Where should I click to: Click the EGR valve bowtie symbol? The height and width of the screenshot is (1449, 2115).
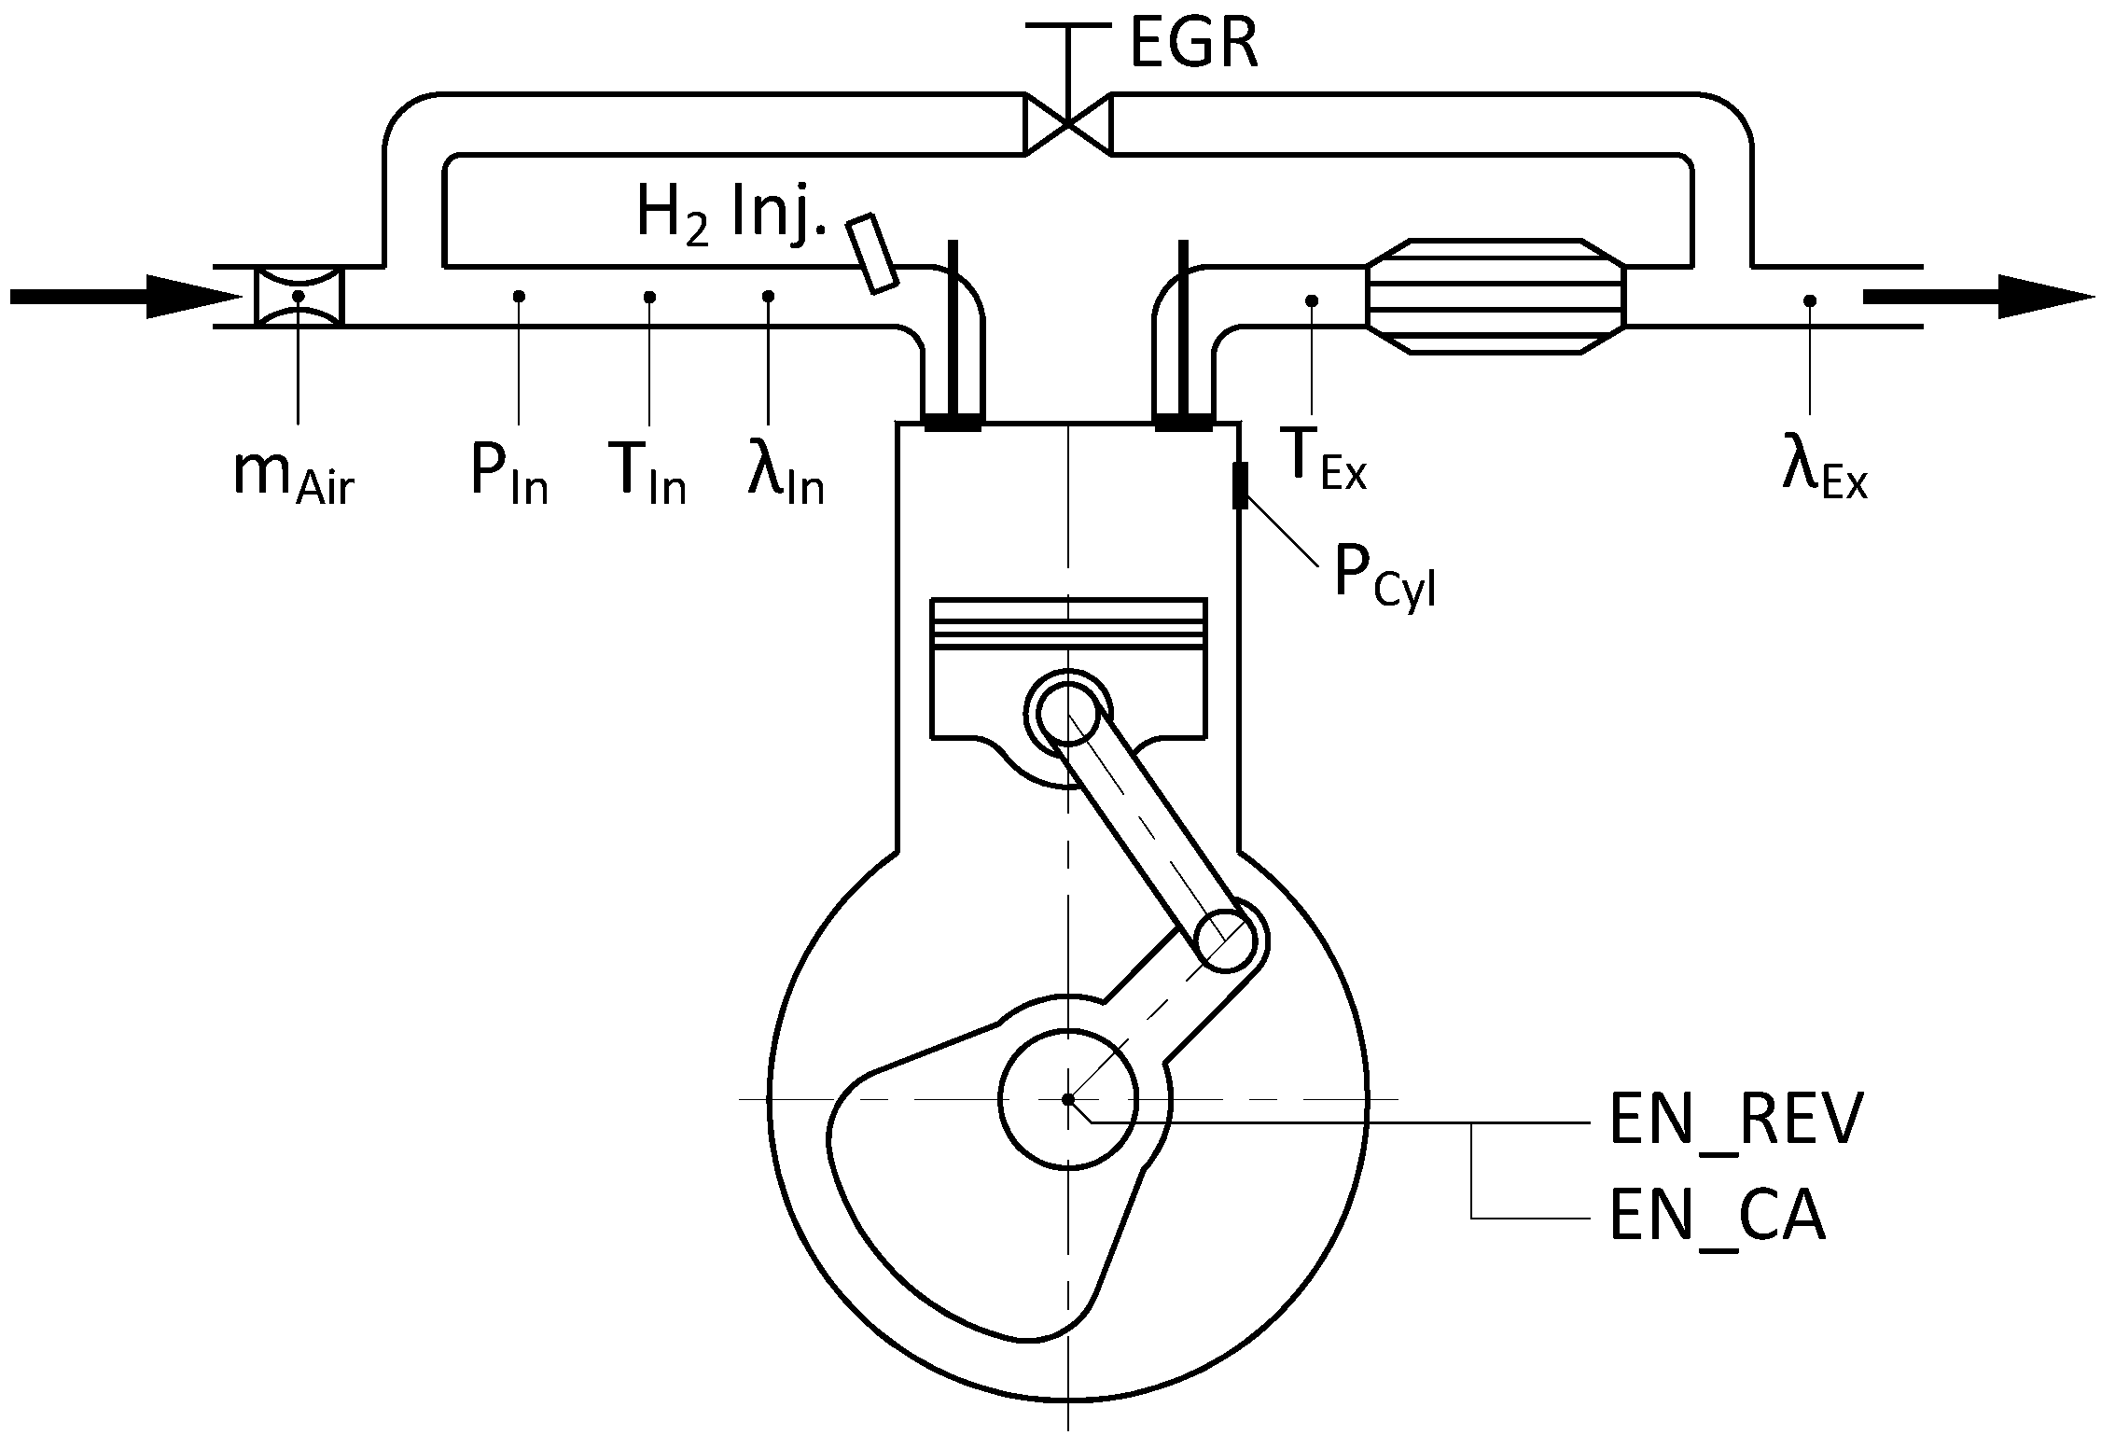click(1068, 122)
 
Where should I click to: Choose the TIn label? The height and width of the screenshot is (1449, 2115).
click(646, 476)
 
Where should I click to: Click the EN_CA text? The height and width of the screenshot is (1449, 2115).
click(1717, 1218)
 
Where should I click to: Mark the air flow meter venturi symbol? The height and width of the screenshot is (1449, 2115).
click(299, 297)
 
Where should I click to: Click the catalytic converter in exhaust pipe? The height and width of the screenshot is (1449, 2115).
click(1495, 297)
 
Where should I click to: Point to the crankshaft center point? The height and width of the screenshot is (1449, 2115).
click(1068, 1099)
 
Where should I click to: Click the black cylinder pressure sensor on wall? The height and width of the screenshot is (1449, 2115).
click(1240, 485)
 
